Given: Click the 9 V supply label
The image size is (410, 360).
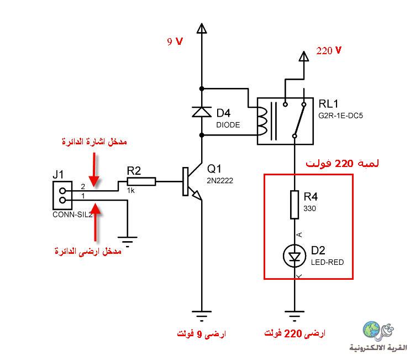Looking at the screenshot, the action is (x=175, y=41).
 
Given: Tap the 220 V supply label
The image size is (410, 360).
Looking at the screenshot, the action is (x=329, y=50).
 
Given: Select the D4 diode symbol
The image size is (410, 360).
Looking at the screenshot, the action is (x=202, y=112).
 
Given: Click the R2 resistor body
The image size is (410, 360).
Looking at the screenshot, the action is (x=141, y=181).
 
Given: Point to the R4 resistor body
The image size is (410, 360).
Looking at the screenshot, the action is (x=295, y=205).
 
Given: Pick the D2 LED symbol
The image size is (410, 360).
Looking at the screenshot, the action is (x=295, y=256).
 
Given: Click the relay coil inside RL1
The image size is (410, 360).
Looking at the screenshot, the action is (x=262, y=121).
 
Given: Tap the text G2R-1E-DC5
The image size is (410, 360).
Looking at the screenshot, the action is (x=340, y=116).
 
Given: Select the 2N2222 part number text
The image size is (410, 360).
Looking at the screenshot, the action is (x=220, y=180).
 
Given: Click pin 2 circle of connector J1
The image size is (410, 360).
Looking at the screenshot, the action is (x=62, y=191).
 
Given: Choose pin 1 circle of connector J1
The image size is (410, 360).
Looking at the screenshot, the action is (x=62, y=200).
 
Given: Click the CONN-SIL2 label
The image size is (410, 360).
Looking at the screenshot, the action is (x=72, y=215).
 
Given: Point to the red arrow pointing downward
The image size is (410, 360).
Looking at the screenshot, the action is (x=94, y=170).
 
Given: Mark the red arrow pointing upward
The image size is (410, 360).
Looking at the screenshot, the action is (x=96, y=222).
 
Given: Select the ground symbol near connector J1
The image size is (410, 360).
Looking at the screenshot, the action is (x=127, y=242).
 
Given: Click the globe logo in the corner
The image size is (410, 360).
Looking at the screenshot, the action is (x=371, y=330).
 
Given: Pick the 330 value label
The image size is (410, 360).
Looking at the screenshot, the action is (x=309, y=208).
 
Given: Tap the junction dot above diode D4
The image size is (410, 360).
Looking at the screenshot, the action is (x=202, y=88).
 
